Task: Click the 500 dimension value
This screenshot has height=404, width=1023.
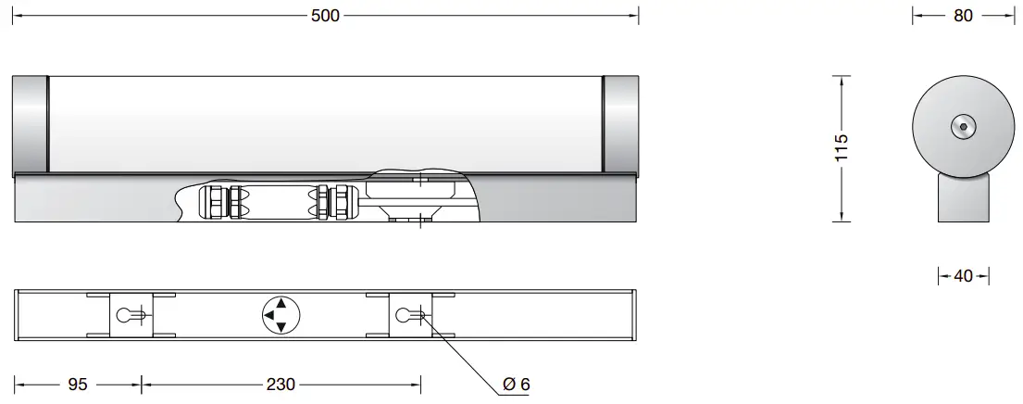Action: pyautogui.click(x=326, y=16)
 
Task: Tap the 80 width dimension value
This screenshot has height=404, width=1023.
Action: pyautogui.click(x=963, y=16)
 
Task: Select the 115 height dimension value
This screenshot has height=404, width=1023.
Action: pyautogui.click(x=841, y=148)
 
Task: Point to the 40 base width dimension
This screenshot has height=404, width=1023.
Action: pyautogui.click(x=963, y=276)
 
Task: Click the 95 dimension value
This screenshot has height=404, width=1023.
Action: pyautogui.click(x=80, y=384)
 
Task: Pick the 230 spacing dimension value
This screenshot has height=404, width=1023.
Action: pyautogui.click(x=281, y=384)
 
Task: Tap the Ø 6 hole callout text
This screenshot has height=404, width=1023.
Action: pyautogui.click(x=516, y=384)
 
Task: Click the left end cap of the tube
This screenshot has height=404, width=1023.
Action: pyautogui.click(x=30, y=124)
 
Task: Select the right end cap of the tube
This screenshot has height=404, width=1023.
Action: pyautogui.click(x=620, y=124)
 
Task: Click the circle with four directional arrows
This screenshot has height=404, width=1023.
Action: pyautogui.click(x=281, y=315)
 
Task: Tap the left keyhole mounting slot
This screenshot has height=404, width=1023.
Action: pyautogui.click(x=129, y=315)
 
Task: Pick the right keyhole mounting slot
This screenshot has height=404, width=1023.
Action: pyautogui.click(x=408, y=315)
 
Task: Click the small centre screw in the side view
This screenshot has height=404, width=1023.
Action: pyautogui.click(x=963, y=127)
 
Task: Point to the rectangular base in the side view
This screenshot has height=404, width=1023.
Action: pyautogui.click(x=963, y=198)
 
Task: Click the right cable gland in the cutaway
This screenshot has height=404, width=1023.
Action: pyautogui.click(x=334, y=201)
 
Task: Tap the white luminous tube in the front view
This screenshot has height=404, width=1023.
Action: pyautogui.click(x=324, y=122)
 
